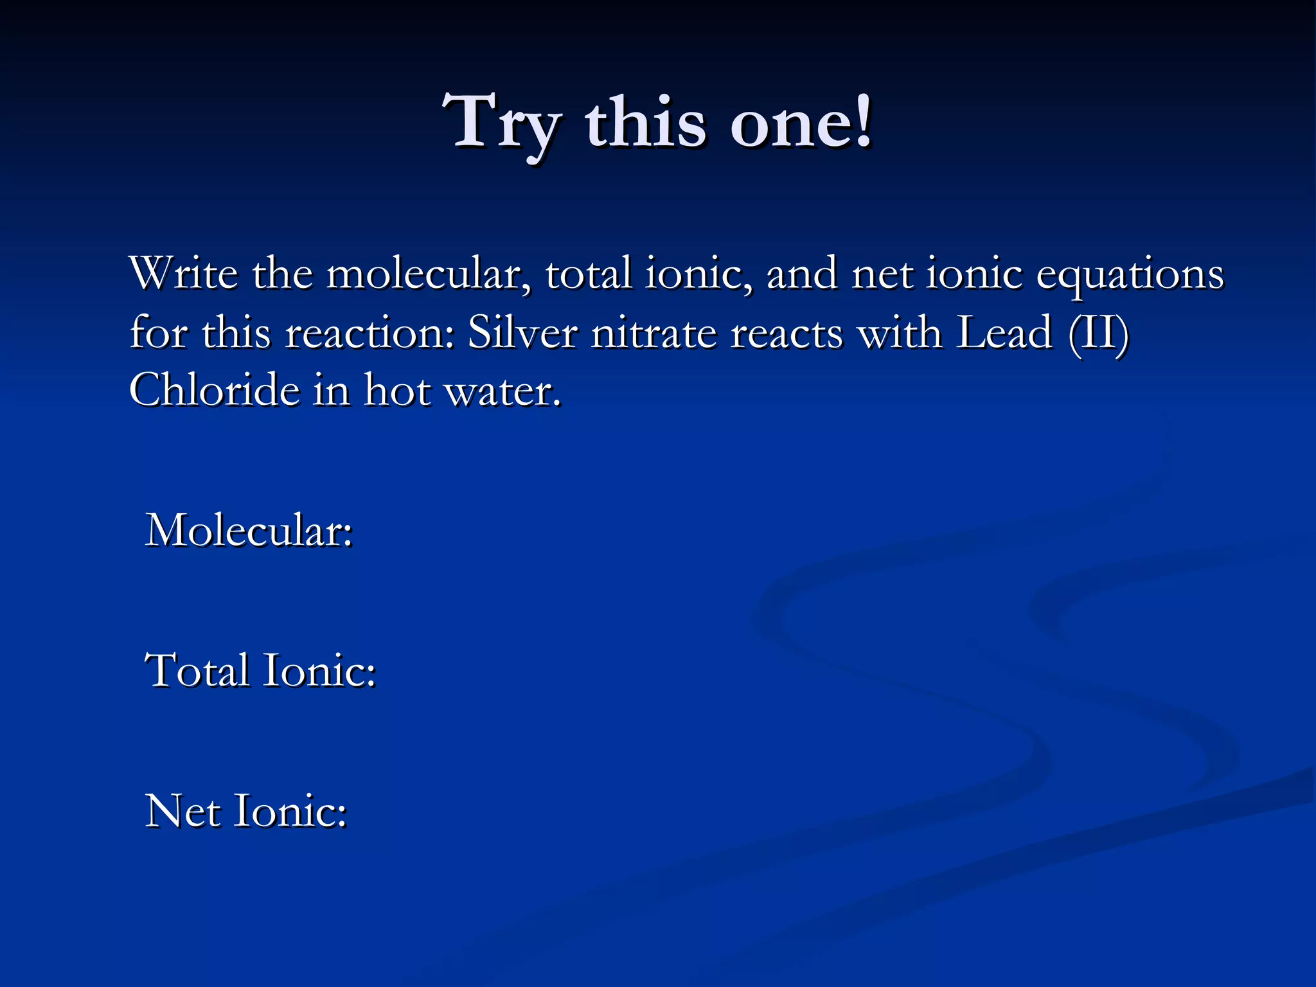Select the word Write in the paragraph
pos(184,274)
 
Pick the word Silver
pos(522,333)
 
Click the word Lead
pos(1004,333)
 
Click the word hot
pos(398,390)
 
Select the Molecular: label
pos(249,531)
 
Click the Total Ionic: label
pos(260,671)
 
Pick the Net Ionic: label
pos(246,811)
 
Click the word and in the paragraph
pos(801,274)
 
